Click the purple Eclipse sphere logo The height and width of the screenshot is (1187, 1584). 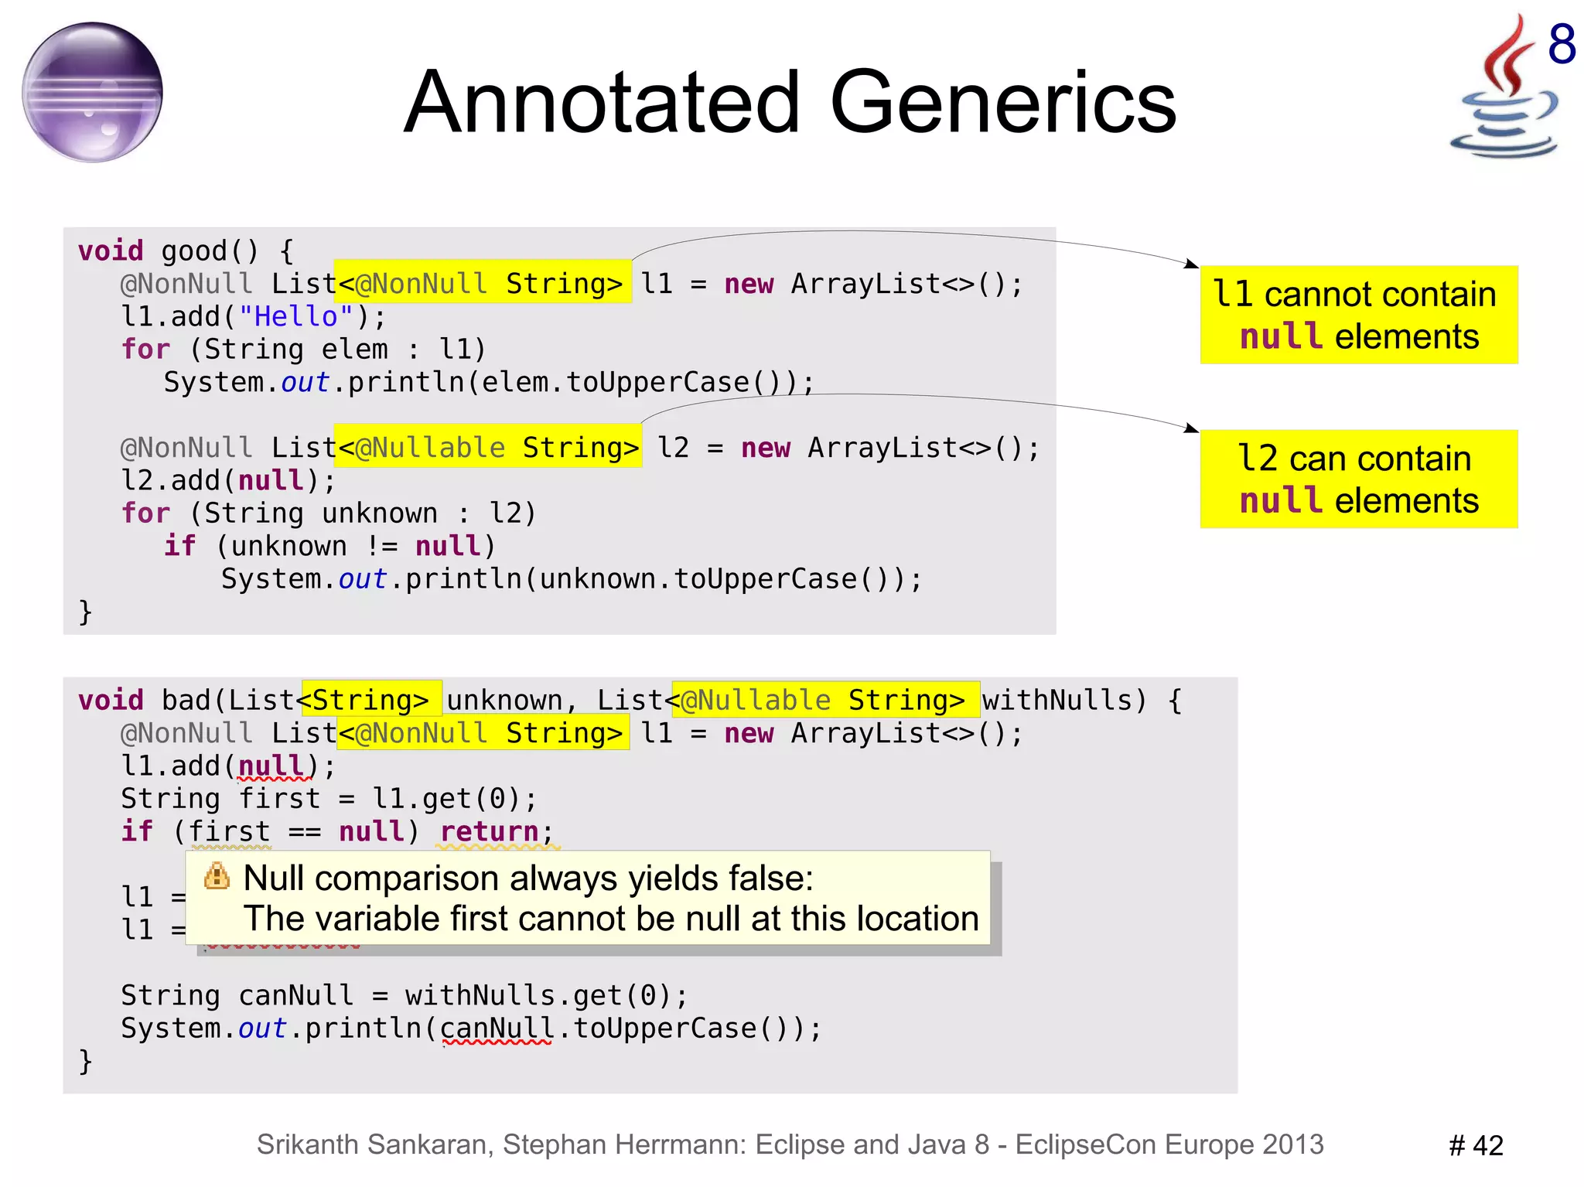92,92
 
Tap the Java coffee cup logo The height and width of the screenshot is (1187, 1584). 1502,93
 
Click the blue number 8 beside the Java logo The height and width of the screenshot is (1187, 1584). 1562,44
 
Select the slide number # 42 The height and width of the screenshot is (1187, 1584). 1476,1145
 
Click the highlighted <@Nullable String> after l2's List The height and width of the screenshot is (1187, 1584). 488,447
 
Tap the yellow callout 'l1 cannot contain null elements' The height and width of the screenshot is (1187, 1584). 1358,315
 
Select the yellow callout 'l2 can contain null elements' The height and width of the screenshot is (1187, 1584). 1358,479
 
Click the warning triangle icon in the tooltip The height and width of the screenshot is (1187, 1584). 217,876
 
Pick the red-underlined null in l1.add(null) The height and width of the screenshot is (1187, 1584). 271,766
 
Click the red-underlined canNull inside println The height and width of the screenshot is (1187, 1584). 497,1028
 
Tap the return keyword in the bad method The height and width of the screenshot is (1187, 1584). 489,831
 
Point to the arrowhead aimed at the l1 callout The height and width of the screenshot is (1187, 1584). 1192,264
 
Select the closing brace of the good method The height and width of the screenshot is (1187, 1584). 86,612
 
